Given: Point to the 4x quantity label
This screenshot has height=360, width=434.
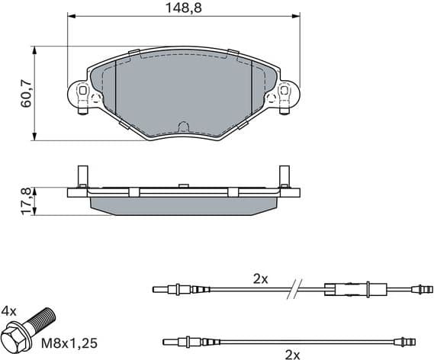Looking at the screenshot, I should pos(9,311).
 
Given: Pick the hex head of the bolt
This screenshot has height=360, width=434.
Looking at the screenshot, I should pos(18,338).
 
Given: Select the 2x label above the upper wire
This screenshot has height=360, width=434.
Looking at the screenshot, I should pos(261,278).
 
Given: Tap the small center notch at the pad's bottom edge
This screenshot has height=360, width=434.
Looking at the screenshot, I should pos(183,126).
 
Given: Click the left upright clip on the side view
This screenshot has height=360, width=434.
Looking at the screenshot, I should pos(81,177).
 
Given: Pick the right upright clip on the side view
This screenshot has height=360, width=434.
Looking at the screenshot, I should pos(285,177).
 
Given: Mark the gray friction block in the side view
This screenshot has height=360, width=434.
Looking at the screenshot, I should pos(183,204).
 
